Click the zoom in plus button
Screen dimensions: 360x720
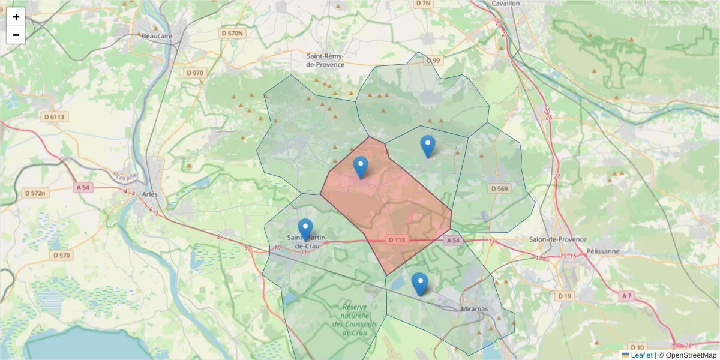16,17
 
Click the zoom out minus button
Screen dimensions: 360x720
16,35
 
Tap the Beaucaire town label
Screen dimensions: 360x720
157,36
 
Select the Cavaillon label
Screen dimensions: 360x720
505,4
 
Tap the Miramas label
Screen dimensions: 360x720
474,308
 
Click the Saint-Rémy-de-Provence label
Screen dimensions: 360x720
325,59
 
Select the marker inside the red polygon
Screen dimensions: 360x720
360,167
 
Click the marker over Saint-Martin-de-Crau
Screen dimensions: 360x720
305,230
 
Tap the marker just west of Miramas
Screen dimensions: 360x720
419,284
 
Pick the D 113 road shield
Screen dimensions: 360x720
397,240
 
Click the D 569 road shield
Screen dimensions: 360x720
499,188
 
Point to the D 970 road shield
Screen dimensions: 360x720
195,73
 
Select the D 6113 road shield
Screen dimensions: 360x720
53,116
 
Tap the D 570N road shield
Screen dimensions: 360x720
232,33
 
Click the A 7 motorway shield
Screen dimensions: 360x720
626,296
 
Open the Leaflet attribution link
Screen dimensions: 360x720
641,355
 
